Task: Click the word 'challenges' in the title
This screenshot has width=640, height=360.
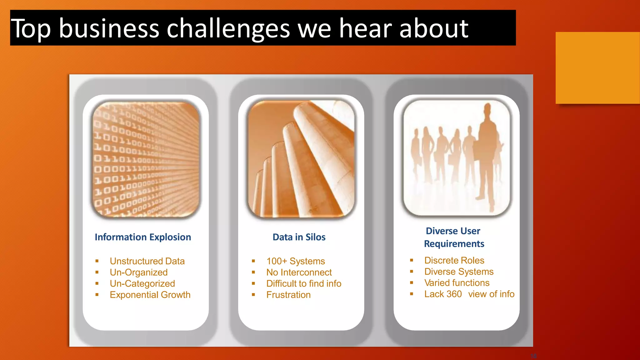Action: tap(228, 29)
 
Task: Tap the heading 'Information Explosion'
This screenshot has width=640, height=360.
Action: tap(143, 237)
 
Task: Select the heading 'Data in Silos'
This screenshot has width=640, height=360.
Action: tap(299, 237)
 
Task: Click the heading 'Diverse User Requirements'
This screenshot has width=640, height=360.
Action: tap(454, 237)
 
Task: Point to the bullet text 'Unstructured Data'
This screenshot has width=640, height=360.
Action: tap(147, 261)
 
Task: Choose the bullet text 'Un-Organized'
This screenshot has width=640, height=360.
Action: tap(139, 272)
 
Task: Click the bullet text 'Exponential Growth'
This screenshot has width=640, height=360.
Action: tap(150, 295)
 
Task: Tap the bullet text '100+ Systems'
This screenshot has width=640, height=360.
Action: tap(296, 261)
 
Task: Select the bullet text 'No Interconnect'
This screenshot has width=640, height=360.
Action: tap(299, 272)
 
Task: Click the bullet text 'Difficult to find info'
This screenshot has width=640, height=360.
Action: tap(304, 283)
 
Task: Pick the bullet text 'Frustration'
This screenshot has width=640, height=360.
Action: tap(288, 295)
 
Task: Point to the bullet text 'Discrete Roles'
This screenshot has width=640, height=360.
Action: tap(454, 260)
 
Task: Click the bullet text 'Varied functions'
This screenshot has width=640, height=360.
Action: tap(457, 283)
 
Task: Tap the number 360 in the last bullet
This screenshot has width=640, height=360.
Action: tap(454, 294)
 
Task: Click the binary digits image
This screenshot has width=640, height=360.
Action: tap(146, 159)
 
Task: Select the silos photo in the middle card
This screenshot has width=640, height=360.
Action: tap(301, 159)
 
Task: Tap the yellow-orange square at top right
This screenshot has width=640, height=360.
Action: tap(597, 68)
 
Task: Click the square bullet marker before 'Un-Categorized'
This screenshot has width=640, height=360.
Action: tap(97, 283)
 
